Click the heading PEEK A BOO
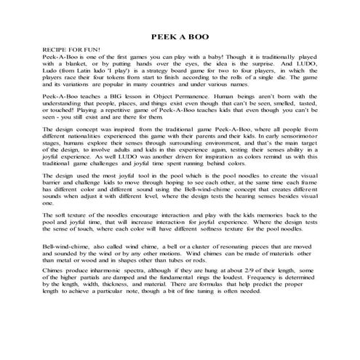179,36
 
